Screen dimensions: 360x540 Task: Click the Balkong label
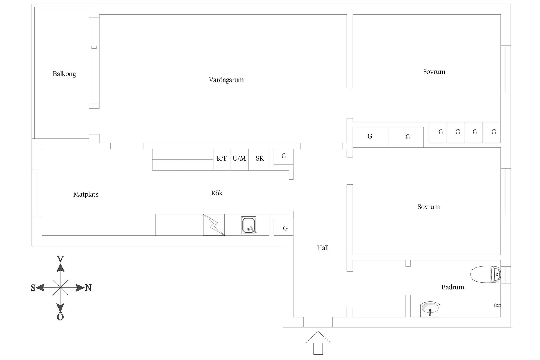click(x=64, y=74)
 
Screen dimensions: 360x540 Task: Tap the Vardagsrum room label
click(x=226, y=80)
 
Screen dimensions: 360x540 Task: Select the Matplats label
click(x=86, y=194)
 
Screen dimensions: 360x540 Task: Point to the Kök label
click(x=217, y=193)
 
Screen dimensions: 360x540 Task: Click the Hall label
click(x=323, y=248)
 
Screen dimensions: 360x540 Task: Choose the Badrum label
click(x=453, y=287)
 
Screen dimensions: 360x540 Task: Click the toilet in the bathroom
click(x=485, y=274)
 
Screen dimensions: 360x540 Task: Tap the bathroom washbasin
click(x=430, y=309)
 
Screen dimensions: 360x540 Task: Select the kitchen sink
click(x=249, y=225)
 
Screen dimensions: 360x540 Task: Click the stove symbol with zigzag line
click(x=214, y=225)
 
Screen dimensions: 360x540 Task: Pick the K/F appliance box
click(x=222, y=159)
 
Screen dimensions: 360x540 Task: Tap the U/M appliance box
click(x=239, y=159)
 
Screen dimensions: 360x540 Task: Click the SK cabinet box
click(x=260, y=159)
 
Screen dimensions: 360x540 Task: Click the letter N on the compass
click(x=88, y=288)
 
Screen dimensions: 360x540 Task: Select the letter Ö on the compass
click(x=60, y=317)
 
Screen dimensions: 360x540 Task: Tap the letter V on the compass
click(x=60, y=259)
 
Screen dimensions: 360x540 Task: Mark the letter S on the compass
click(x=33, y=288)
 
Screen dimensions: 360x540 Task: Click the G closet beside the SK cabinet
click(x=284, y=156)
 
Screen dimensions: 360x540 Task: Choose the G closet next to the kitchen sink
click(x=285, y=228)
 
